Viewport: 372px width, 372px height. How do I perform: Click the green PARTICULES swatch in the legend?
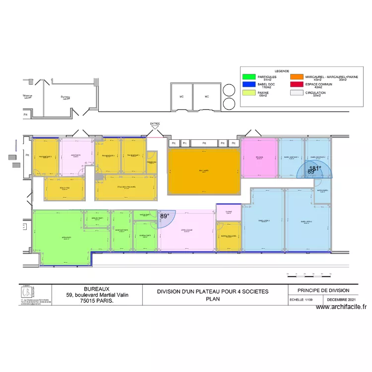pos(248,77)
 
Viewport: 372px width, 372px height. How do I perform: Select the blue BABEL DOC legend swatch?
pos(248,85)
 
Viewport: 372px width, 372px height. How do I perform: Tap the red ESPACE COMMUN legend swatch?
pos(297,85)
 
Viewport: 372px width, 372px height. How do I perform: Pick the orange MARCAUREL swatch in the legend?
pos(297,77)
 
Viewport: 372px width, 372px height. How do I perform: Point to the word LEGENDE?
pos(282,71)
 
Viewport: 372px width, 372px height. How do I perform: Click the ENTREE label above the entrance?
pos(155,124)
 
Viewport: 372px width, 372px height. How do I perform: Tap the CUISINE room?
pos(229,212)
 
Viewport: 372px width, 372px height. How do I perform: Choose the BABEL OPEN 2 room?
pos(267,221)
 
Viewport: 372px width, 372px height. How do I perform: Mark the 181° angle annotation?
pos(315,169)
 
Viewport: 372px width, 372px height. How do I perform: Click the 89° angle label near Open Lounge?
pos(165,216)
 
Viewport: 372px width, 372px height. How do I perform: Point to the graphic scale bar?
pos(308,273)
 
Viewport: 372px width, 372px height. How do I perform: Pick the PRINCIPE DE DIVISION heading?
pos(323,290)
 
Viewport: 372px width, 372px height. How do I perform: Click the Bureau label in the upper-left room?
pos(65,97)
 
